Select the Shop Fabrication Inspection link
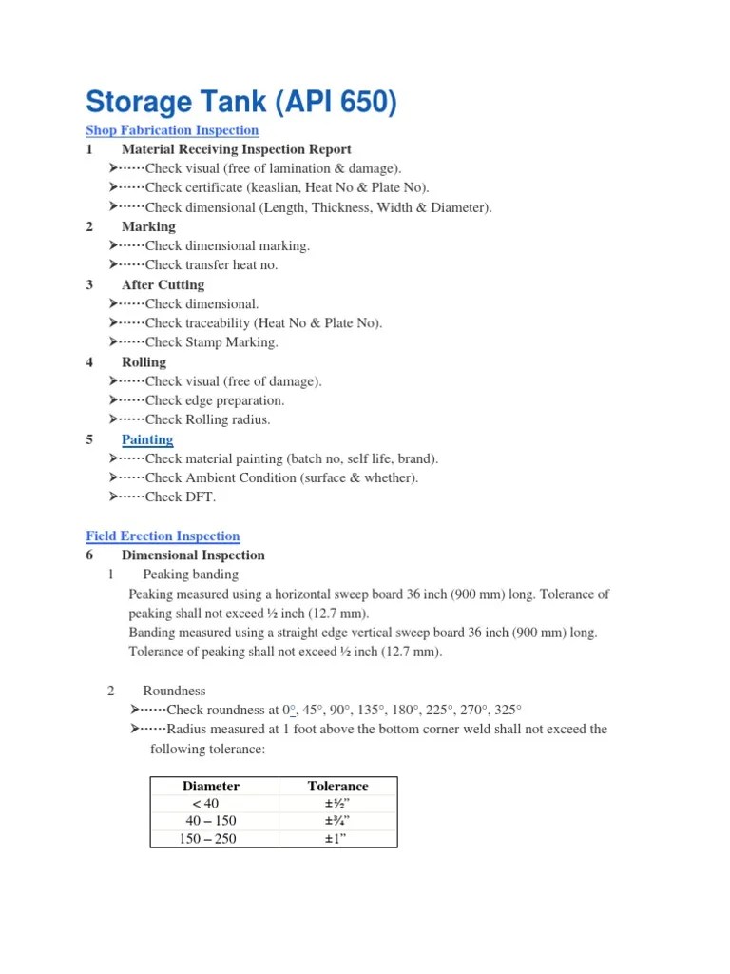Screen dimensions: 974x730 172,130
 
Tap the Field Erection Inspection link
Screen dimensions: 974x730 163,536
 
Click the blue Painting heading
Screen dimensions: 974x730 147,439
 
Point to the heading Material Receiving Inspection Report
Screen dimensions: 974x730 237,149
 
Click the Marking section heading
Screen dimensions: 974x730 148,226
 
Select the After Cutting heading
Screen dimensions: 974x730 163,284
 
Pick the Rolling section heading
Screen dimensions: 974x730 144,362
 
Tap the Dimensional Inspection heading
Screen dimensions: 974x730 193,555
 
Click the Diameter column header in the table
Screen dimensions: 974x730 211,787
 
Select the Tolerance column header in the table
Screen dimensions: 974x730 337,787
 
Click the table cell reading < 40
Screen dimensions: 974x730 205,804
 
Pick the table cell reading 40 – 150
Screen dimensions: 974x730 211,821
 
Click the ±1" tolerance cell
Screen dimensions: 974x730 337,839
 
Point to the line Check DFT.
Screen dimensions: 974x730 181,497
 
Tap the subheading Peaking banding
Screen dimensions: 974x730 190,575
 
